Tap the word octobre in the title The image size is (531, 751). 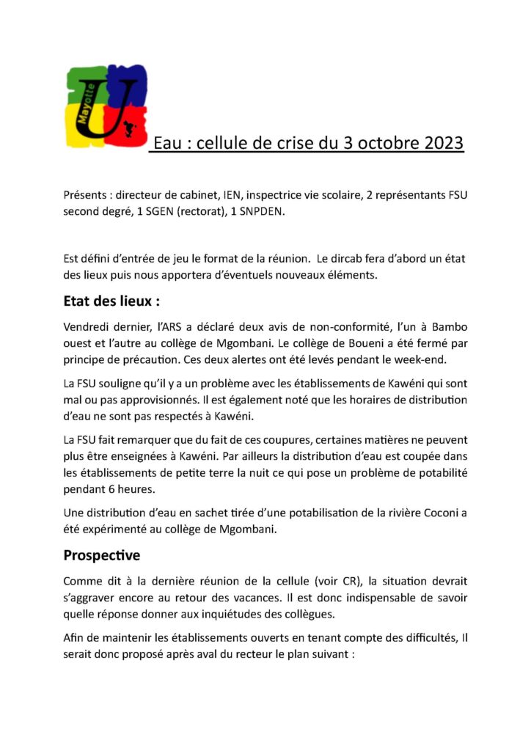[388, 143]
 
